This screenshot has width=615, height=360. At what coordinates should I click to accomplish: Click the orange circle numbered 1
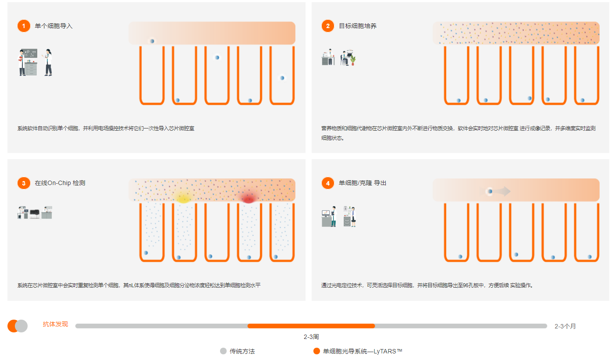24,26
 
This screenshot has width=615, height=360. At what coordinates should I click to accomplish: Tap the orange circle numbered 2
327,26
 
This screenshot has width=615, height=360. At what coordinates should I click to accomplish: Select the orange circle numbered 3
24,183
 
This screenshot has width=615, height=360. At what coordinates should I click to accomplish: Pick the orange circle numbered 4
327,183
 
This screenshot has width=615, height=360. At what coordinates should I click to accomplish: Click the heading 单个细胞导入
53,26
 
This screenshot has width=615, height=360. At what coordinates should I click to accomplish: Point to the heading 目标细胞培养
357,26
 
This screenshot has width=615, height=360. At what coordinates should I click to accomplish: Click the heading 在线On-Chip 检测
60,183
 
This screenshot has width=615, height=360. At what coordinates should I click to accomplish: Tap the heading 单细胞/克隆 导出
362,183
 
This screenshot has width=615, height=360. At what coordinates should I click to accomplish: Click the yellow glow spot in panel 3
183,198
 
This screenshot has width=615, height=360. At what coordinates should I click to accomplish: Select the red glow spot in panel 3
249,199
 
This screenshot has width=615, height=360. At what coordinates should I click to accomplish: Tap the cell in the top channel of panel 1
152,41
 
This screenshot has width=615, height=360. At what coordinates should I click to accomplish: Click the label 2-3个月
565,326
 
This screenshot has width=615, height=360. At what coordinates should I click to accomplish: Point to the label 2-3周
311,337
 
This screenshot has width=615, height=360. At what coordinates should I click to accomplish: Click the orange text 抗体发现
55,324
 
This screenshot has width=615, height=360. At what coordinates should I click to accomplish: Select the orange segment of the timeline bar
311,326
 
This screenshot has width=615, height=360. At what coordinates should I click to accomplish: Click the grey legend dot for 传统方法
223,351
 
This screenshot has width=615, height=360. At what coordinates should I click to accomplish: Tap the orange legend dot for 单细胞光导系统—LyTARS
316,351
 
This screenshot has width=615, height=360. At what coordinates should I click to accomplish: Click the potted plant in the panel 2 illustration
352,61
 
